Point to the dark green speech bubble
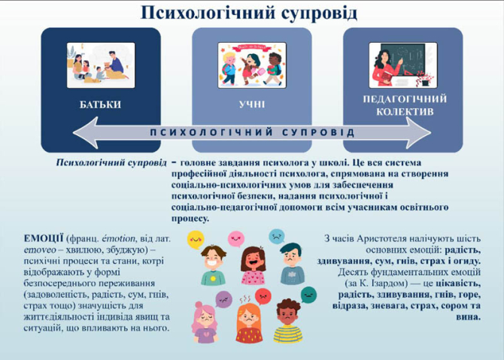(x=308, y=294)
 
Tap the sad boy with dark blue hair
(x=291, y=263)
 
